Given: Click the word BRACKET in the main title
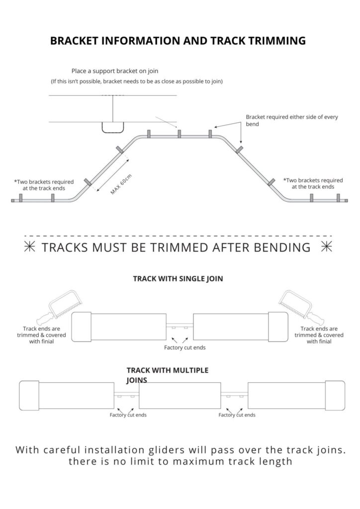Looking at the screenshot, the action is tap(74, 41).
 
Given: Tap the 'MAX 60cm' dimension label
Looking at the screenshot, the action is tap(121, 184).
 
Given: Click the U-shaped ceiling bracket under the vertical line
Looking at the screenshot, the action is tap(113, 128).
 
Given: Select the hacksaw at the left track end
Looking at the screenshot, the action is tap(59, 307).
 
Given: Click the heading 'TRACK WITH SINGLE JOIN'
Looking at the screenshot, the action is tap(178, 278).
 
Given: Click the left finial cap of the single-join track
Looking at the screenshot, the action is tap(81, 327).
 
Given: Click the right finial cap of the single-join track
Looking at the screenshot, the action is tap(278, 327).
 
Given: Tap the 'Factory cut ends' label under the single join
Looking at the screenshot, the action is tap(184, 347).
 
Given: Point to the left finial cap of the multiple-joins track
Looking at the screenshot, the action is tap(29, 395).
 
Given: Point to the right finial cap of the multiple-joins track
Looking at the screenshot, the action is tap(335, 395).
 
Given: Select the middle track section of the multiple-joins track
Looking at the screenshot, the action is tap(180, 395).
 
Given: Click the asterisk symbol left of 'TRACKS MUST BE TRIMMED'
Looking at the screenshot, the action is tap(29, 248).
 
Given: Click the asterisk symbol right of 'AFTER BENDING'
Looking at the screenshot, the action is tap(327, 248).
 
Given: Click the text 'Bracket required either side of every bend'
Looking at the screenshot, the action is tap(292, 120).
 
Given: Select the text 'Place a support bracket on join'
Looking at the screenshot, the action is tap(115, 71).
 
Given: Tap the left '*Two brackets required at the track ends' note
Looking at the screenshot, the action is tap(44, 185).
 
